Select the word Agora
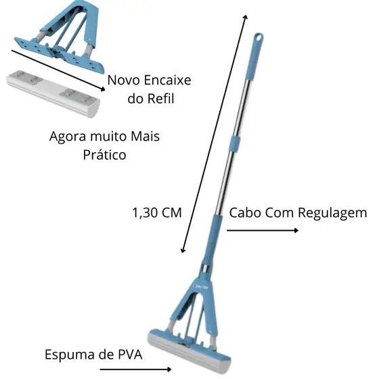tap(68, 137)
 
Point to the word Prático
tap(104, 155)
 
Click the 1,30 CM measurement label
tap(157, 213)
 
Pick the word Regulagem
tap(332, 214)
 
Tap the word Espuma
tap(70, 355)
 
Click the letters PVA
tap(130, 355)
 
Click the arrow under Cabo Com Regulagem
tap(263, 231)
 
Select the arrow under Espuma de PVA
tap(135, 369)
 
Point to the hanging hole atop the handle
tap(259, 37)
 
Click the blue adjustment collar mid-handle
tap(235, 144)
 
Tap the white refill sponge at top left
tap(53, 93)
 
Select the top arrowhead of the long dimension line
tap(246, 17)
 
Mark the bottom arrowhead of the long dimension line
tap(183, 250)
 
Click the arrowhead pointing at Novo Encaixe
tap(103, 89)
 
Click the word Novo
tap(125, 80)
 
